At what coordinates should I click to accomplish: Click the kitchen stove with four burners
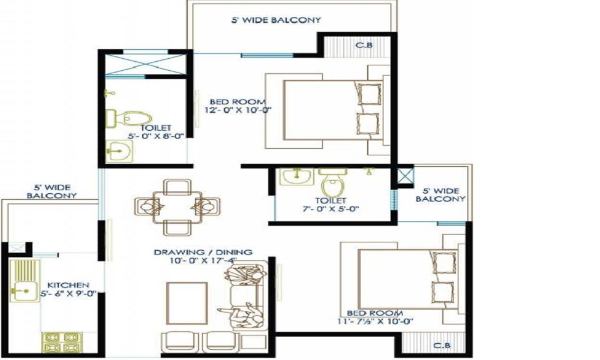[62, 342]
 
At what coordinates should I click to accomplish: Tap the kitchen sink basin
[24, 292]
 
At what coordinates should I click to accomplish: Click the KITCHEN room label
[68, 286]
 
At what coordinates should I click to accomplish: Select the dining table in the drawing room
[177, 206]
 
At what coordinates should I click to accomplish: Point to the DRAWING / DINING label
[203, 253]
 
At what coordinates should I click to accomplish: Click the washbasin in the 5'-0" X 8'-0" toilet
[119, 151]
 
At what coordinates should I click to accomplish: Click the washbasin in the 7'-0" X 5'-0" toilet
[296, 176]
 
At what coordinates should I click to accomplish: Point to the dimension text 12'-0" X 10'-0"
[238, 110]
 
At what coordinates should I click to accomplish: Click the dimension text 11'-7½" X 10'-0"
[375, 322]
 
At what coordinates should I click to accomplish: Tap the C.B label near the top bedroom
[364, 45]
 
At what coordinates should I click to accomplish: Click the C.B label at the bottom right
[442, 346]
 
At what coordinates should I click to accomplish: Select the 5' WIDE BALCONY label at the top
[276, 20]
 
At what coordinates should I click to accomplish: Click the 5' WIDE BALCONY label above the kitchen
[51, 191]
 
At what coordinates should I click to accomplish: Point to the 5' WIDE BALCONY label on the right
[440, 195]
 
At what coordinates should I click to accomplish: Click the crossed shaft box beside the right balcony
[405, 176]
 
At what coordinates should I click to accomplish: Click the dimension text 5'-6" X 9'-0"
[68, 294]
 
